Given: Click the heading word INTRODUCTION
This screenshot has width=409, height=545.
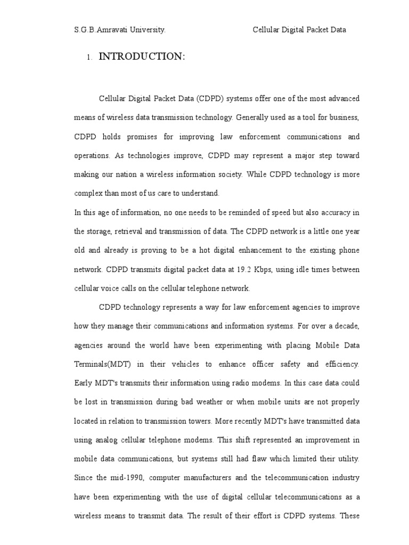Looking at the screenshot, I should coord(142,57).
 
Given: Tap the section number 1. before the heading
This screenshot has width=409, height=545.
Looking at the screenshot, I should coord(89,58).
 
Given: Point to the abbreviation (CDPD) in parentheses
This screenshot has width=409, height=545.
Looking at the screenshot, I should coord(212,99).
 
